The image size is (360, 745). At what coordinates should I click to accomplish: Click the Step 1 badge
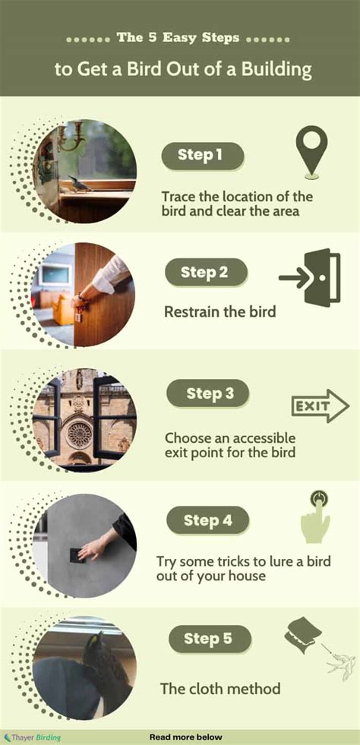[x=202, y=156]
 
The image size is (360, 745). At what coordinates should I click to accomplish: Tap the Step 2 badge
[x=204, y=272]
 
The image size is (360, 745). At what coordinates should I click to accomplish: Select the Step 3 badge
[x=207, y=394]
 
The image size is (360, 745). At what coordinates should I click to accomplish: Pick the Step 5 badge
[x=207, y=639]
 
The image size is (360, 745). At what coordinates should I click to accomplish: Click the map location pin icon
[x=312, y=150]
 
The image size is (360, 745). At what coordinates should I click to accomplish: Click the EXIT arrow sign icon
[x=319, y=408]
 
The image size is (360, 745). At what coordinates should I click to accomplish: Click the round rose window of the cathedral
[x=79, y=433]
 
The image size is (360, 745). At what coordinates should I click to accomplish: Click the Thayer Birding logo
[x=32, y=737]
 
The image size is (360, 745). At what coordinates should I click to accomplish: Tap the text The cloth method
[x=219, y=689]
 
